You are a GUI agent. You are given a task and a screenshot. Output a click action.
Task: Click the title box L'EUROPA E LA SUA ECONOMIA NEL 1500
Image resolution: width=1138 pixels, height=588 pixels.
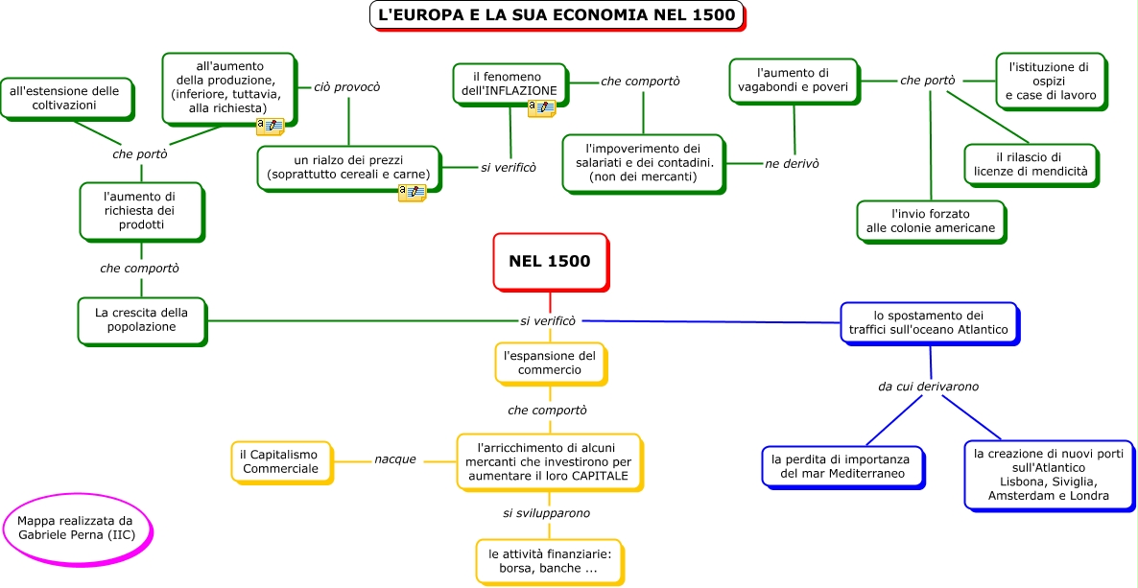point(557,15)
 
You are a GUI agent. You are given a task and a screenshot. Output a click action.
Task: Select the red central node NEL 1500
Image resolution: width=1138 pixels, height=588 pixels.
point(550,260)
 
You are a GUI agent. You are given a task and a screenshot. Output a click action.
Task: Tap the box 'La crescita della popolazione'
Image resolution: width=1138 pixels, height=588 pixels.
point(142,319)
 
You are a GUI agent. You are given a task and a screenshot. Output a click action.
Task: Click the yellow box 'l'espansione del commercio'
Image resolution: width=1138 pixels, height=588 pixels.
point(550,363)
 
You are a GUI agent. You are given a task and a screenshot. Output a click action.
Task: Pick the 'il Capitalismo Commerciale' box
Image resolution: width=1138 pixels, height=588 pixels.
point(280,461)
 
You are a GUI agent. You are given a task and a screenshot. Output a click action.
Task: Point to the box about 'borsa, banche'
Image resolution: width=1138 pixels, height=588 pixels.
point(549,560)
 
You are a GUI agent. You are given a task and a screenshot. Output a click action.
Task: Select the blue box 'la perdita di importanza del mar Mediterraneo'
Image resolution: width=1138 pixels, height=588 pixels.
point(842,466)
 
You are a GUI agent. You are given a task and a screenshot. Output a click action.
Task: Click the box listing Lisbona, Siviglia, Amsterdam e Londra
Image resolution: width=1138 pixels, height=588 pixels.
point(1040,474)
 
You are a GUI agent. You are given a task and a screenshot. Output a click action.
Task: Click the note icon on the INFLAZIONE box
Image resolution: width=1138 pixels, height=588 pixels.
point(541,109)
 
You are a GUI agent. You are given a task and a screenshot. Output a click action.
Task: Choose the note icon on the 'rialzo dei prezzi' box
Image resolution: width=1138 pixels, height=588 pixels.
point(412,193)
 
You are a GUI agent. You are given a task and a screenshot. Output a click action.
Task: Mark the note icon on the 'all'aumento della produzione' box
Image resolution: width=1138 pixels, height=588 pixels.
point(270,127)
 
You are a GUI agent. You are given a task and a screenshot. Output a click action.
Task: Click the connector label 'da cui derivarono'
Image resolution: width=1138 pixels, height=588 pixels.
point(928,387)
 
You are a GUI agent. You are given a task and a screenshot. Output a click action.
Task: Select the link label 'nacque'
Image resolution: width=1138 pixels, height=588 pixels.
point(395,459)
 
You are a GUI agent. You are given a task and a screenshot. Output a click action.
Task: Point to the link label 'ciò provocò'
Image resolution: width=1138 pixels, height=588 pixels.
point(347,87)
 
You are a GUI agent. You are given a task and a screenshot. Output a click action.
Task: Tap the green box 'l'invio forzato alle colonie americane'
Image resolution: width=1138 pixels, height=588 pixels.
point(930,221)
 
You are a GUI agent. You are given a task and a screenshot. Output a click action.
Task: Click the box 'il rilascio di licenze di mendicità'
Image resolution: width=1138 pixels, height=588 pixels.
point(1031,164)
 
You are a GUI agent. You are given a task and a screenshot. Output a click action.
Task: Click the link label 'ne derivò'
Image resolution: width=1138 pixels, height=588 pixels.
point(792,164)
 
